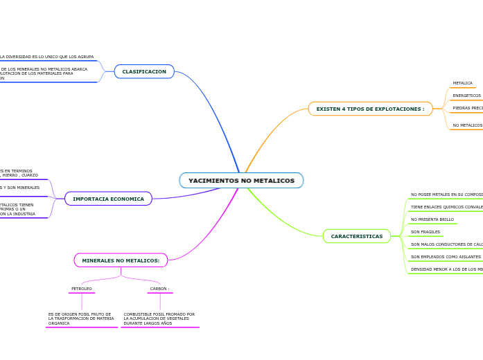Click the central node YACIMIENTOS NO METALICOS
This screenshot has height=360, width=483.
click(241, 181)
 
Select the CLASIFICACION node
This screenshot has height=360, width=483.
click(144, 71)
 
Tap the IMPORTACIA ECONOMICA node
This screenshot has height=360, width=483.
click(108, 199)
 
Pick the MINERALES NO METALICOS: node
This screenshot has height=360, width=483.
click(121, 260)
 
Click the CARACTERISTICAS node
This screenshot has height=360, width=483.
click(356, 236)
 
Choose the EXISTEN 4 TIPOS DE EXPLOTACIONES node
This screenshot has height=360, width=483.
click(370, 109)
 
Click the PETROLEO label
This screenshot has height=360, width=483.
click(82, 289)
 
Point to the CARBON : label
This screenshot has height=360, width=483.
click(159, 289)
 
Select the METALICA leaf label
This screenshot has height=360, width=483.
click(462, 83)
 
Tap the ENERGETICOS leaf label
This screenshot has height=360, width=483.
click(466, 96)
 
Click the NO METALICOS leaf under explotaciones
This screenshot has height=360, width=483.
click(467, 125)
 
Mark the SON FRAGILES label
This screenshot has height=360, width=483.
click(425, 232)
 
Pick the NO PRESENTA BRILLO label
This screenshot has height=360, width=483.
click(432, 219)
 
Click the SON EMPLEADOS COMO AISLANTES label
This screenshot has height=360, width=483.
click(446, 257)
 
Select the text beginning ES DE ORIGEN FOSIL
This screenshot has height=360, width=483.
click(81, 318)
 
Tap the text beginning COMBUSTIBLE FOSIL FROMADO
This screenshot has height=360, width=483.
click(159, 318)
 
